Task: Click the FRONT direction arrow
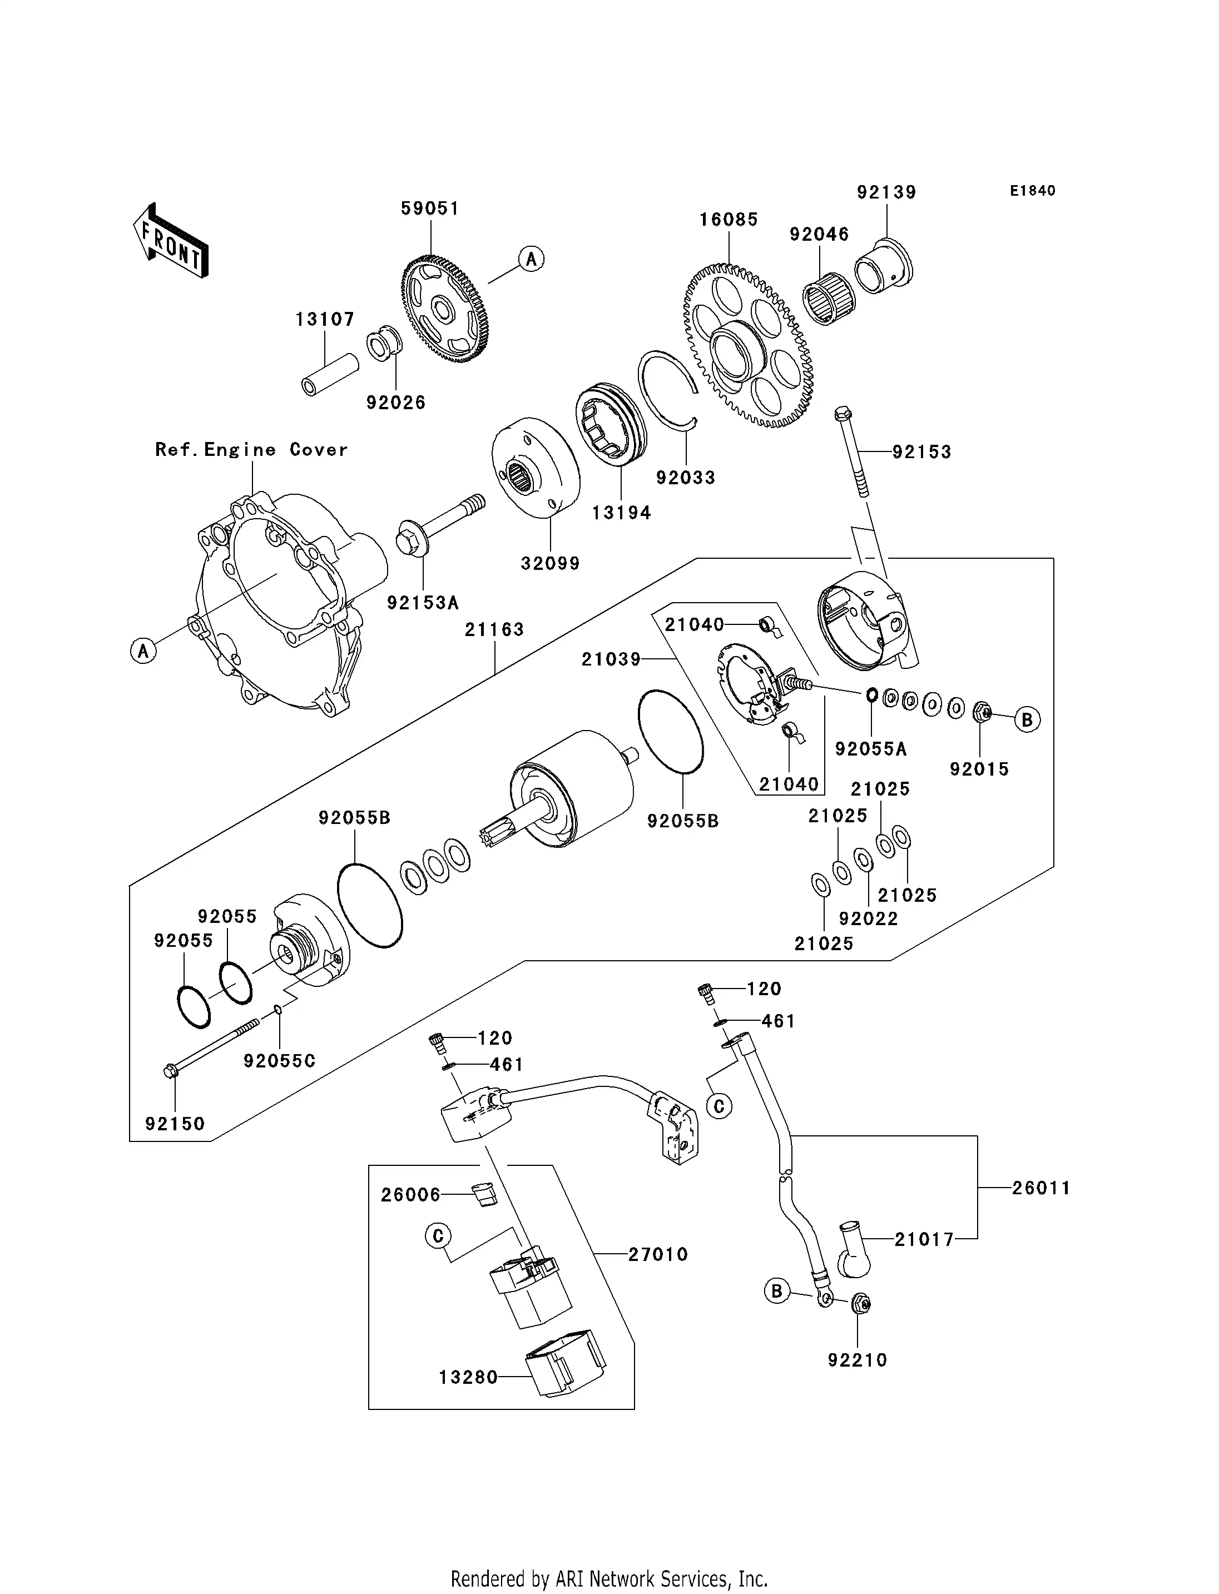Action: [x=171, y=240]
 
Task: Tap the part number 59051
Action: [x=430, y=209]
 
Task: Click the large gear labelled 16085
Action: [x=747, y=346]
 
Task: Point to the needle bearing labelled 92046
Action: [x=829, y=297]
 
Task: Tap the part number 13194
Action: [x=621, y=513]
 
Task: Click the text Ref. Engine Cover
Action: [x=251, y=450]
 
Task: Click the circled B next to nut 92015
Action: [x=1027, y=720]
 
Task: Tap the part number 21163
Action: [x=494, y=630]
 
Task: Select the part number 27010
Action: [x=657, y=1254]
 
